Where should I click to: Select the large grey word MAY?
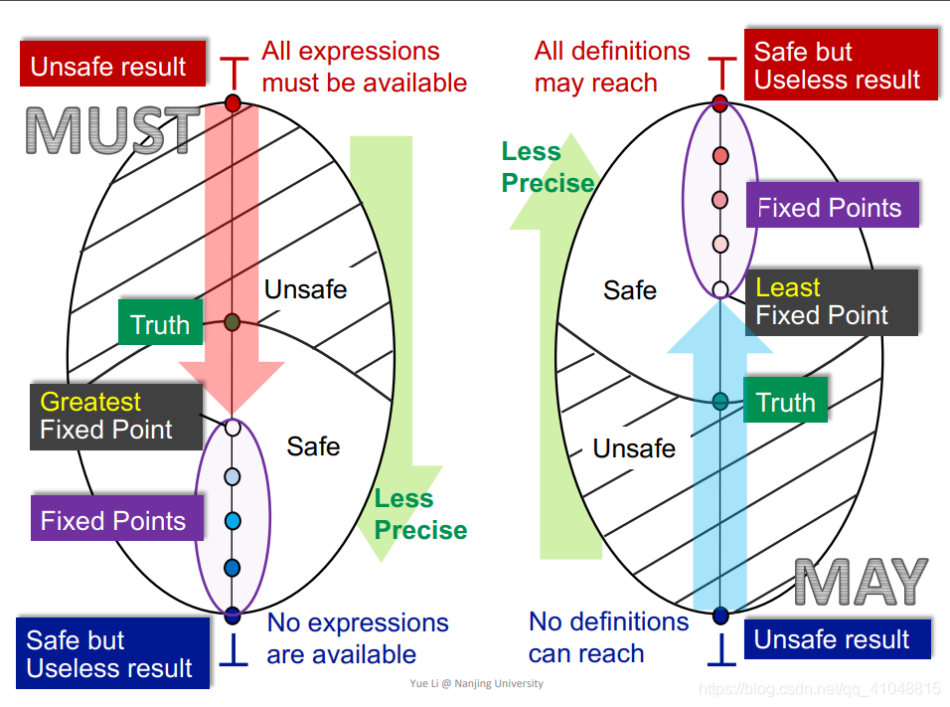(x=861, y=582)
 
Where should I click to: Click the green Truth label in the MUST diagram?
(x=160, y=324)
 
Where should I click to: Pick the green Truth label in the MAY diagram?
(x=785, y=402)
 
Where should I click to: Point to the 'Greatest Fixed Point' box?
(x=117, y=416)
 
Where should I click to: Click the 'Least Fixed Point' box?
(x=831, y=301)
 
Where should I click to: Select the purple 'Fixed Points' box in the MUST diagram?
(x=113, y=520)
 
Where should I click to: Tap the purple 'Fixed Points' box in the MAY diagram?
(x=831, y=207)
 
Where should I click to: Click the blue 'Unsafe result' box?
(x=832, y=638)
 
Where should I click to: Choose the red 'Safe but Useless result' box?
(x=840, y=65)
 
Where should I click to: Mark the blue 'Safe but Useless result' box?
(x=112, y=653)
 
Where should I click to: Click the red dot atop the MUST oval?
(x=233, y=102)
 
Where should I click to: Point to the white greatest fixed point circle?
(x=233, y=428)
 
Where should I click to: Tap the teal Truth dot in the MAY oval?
(x=720, y=402)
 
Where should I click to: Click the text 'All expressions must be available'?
(x=364, y=66)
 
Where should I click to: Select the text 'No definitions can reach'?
(x=608, y=637)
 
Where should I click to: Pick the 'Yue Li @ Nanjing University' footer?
(x=476, y=684)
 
